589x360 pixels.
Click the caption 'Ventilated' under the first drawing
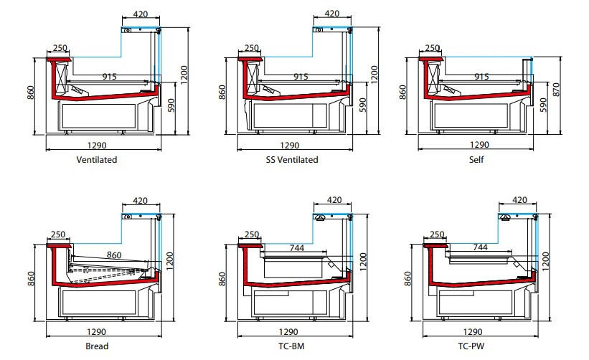pos(97,159)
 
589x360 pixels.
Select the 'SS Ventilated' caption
pos(292,159)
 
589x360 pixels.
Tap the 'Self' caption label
pos(476,159)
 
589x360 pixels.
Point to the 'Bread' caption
pos(97,346)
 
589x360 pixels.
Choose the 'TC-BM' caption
pos(291,346)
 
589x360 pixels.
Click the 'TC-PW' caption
pos(471,346)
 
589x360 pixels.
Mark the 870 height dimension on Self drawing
pos(556,90)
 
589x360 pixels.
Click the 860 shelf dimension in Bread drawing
pos(114,255)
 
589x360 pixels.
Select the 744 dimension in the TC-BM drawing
pos(297,248)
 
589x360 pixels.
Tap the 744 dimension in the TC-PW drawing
pos(481,247)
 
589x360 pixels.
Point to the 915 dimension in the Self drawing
pos(481,77)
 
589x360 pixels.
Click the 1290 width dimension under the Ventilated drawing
pos(97,146)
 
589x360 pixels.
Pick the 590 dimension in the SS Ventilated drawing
pos(362,105)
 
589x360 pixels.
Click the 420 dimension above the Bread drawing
pos(140,201)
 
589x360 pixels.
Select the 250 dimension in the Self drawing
pos(433,48)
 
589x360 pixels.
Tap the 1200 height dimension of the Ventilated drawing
pos(184,75)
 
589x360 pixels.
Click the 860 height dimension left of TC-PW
pos(407,278)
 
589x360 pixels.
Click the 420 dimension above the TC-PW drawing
pos(520,200)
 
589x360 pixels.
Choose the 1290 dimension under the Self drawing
pos(480,145)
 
